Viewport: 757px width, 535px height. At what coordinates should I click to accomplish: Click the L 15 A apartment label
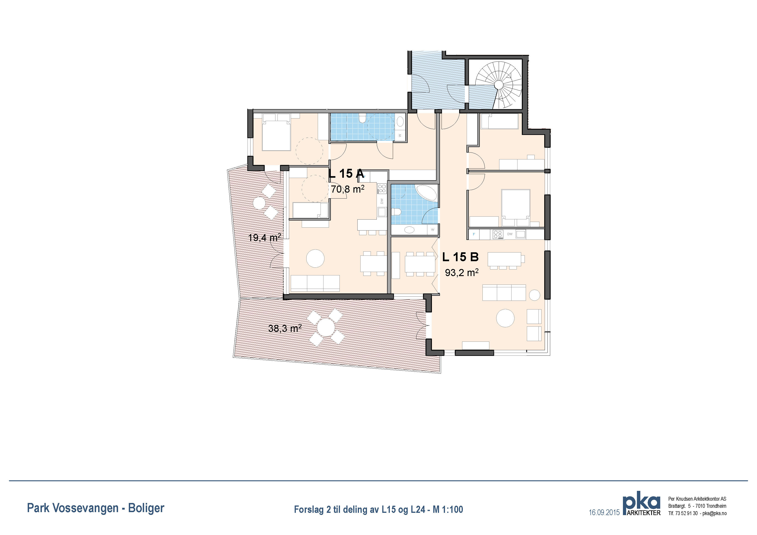tap(346, 173)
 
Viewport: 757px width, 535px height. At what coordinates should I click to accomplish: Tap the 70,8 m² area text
tap(348, 189)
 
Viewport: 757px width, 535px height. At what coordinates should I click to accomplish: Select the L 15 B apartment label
tap(460, 257)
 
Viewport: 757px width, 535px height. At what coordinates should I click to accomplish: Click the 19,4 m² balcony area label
tap(264, 237)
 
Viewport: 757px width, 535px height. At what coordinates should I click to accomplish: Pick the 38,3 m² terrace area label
tap(285, 328)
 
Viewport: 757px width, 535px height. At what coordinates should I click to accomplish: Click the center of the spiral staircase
tap(499, 85)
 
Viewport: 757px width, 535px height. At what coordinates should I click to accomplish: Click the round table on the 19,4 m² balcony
tap(260, 203)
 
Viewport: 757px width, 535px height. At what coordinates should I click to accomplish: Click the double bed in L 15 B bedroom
tap(516, 208)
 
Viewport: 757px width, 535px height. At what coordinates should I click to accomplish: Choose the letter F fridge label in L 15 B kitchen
tap(474, 234)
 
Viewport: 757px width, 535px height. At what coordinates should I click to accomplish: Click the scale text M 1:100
tap(448, 510)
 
